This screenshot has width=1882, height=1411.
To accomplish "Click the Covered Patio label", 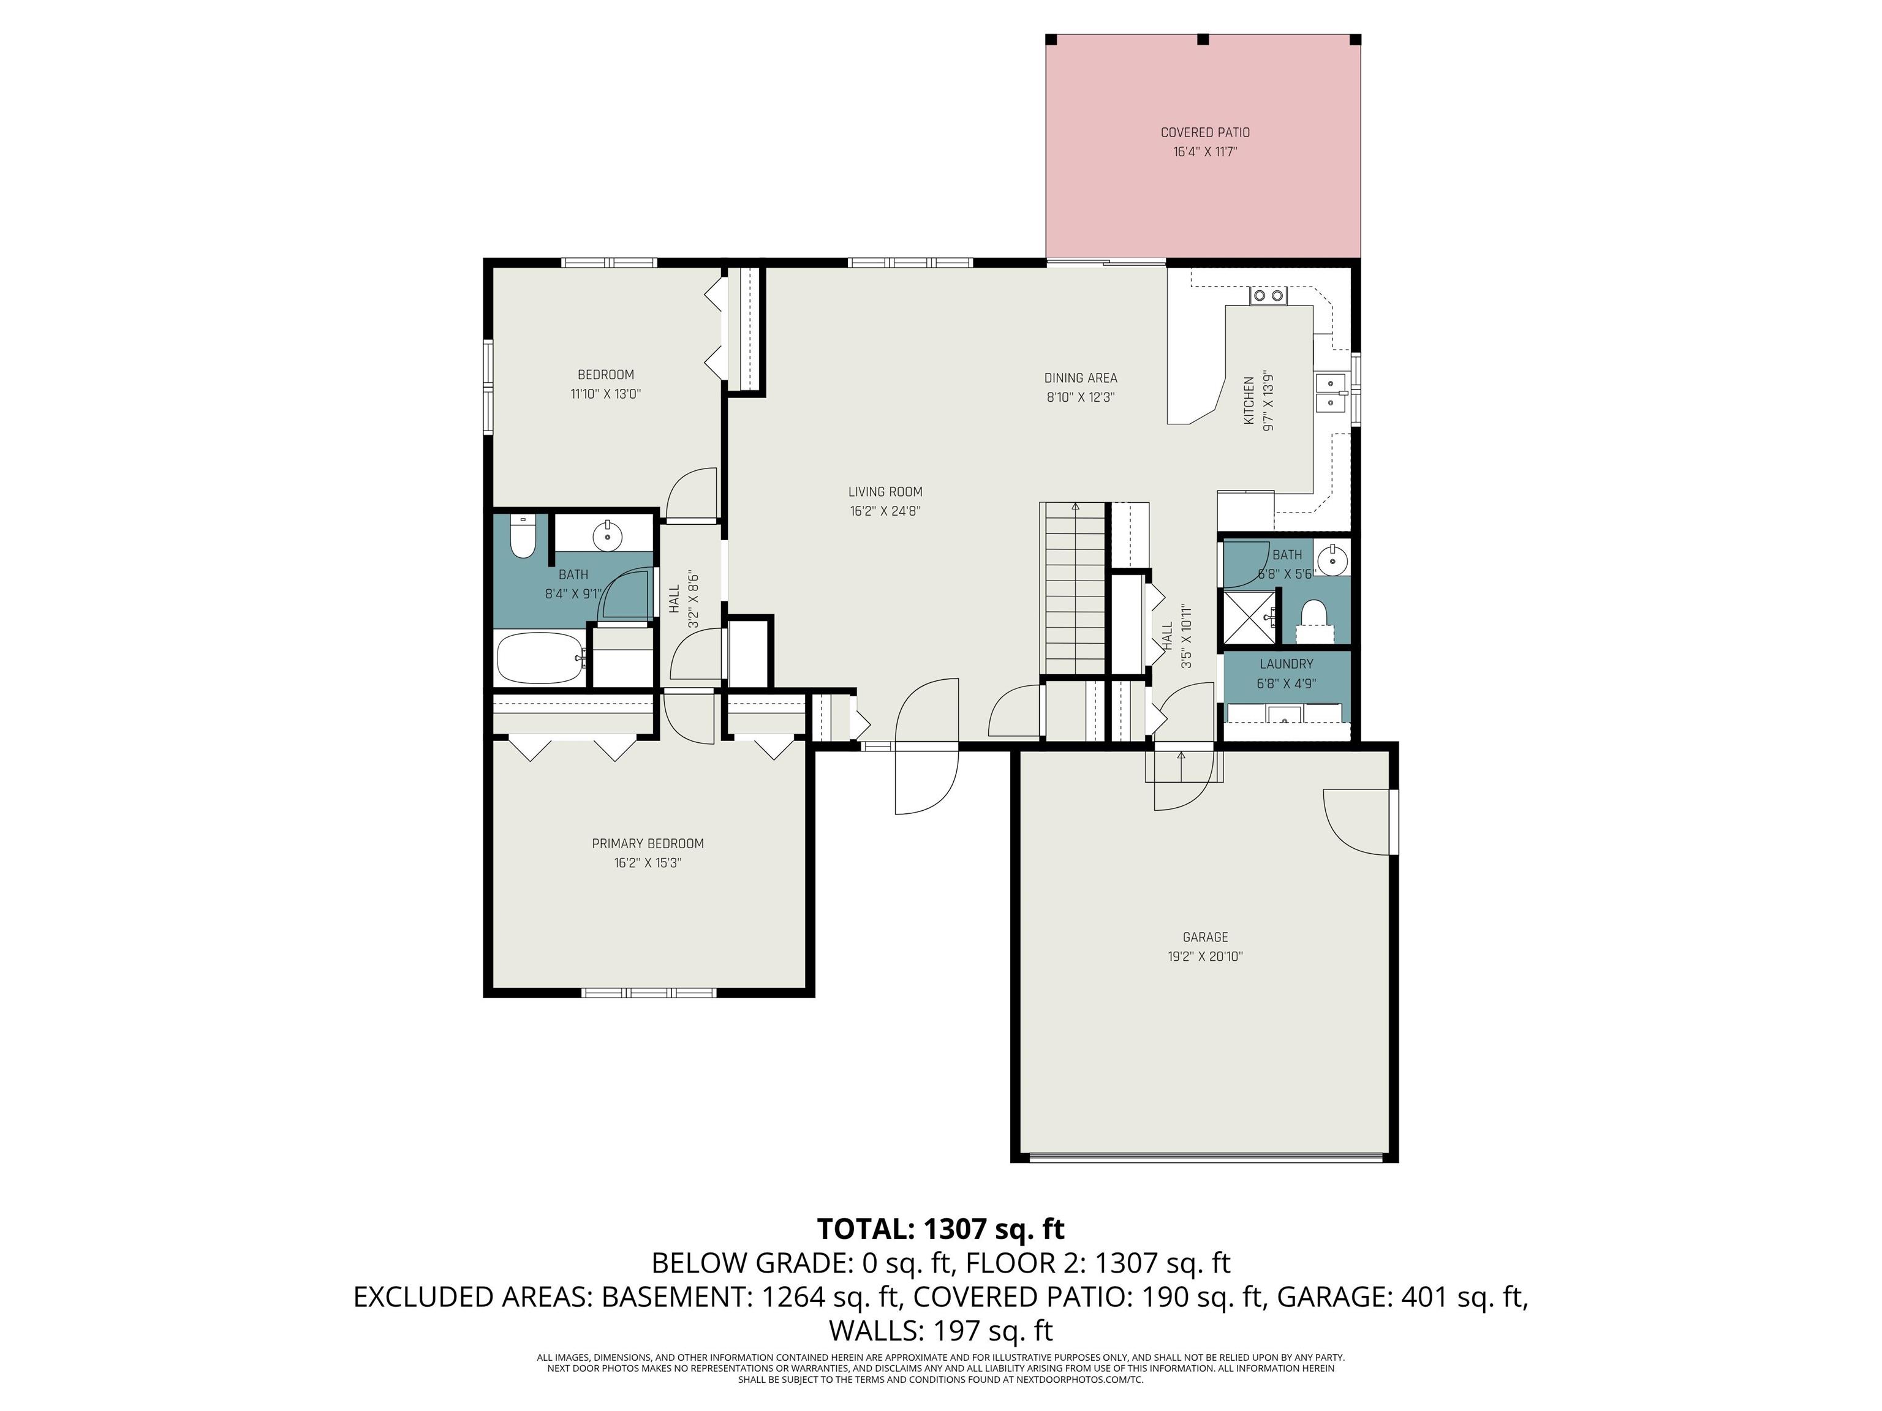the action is [x=1205, y=133].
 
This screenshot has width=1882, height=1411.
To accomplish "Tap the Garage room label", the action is [x=1205, y=937].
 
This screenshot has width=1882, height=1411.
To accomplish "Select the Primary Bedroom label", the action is [x=648, y=844].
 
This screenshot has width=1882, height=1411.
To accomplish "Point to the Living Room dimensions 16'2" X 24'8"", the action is [x=885, y=511].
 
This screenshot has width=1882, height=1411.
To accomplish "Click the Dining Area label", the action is [x=1081, y=378].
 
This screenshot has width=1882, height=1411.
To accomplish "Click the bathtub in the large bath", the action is [x=540, y=658].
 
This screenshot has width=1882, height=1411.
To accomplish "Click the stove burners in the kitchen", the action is [x=1268, y=296].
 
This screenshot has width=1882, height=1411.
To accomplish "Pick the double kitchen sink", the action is [x=1330, y=393].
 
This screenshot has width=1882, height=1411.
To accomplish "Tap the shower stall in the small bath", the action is [x=1250, y=620].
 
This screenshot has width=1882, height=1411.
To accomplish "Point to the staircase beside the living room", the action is [x=1075, y=589].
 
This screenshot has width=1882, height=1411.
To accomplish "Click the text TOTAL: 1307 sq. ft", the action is [x=940, y=1229].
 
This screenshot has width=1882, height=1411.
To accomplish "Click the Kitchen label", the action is [x=1249, y=402].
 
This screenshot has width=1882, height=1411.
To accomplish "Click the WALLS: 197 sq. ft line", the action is [x=940, y=1330].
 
